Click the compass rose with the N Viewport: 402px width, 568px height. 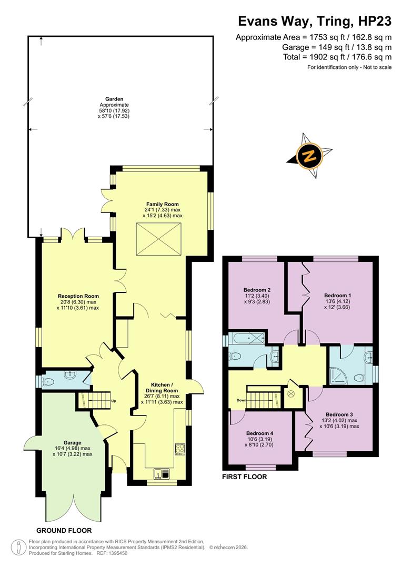click(x=310, y=156)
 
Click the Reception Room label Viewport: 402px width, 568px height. click(x=78, y=296)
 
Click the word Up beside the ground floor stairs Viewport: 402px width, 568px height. click(x=113, y=401)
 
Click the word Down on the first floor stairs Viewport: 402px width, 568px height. click(x=242, y=400)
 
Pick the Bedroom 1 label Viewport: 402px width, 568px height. click(x=337, y=295)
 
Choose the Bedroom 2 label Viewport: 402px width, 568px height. click(x=257, y=290)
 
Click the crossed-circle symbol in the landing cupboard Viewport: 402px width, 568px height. click(x=290, y=393)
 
